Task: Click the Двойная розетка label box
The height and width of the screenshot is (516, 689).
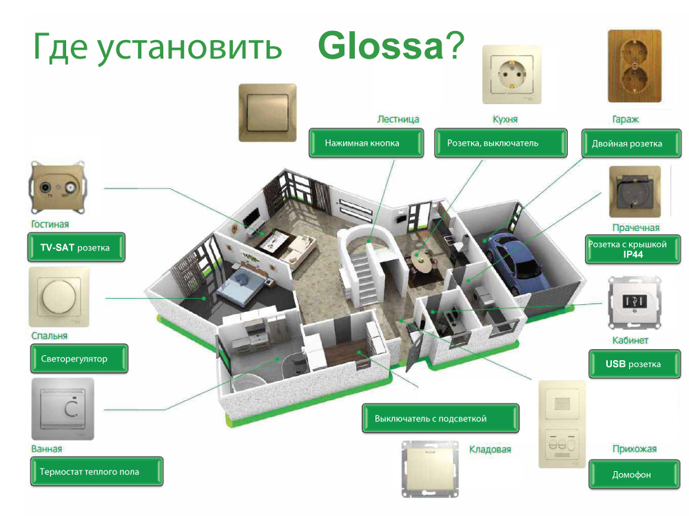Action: click(x=626, y=143)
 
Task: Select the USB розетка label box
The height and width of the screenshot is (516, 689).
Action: click(x=633, y=364)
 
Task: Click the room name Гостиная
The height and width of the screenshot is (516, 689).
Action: click(x=50, y=224)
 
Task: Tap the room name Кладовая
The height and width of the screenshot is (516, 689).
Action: click(x=490, y=449)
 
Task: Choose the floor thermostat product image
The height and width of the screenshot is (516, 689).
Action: click(x=63, y=409)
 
